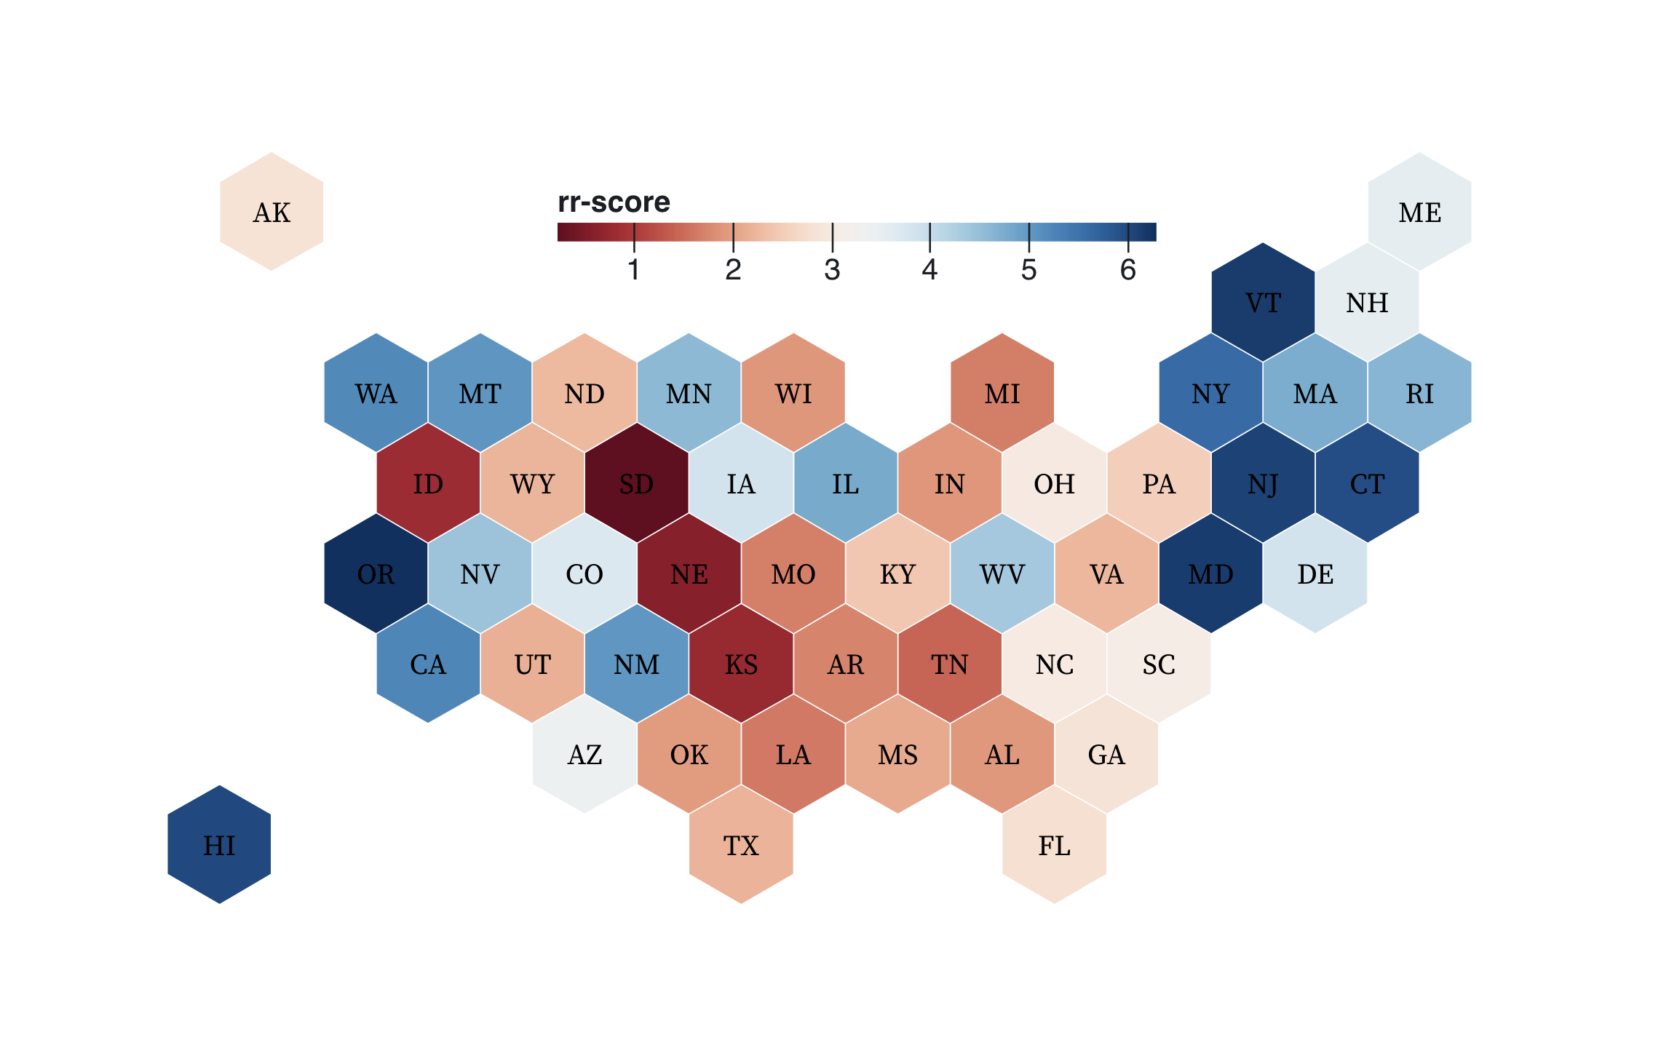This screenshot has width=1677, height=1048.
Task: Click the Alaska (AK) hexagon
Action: click(x=271, y=212)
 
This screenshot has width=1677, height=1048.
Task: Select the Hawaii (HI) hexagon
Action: click(x=219, y=845)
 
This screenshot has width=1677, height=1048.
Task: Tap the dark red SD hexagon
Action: click(x=636, y=483)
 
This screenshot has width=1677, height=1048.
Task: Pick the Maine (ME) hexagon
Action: click(x=1419, y=212)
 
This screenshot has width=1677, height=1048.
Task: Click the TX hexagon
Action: click(x=741, y=845)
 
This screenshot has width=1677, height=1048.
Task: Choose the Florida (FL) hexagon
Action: click(x=1054, y=845)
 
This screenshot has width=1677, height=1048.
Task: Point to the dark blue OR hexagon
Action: click(x=376, y=574)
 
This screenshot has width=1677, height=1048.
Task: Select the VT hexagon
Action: click(x=1263, y=302)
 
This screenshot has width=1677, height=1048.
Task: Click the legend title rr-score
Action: click(x=614, y=202)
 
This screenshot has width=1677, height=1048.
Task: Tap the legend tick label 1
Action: click(x=634, y=270)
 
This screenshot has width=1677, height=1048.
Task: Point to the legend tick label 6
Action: click(x=1127, y=270)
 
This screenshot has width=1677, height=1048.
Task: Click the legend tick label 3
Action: click(x=832, y=270)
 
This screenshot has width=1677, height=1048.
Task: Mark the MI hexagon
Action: click(x=1002, y=393)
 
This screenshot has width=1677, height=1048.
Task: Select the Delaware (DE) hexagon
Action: click(x=1315, y=574)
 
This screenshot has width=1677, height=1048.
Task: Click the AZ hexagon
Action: click(x=584, y=755)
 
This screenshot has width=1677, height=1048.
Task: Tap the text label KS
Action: click(x=741, y=664)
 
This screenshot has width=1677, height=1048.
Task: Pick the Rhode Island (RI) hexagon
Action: click(x=1419, y=393)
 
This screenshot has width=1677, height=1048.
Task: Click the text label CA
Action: click(x=428, y=664)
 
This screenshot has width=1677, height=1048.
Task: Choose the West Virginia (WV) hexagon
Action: click(x=1002, y=574)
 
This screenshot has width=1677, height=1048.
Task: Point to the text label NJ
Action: click(x=1263, y=484)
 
